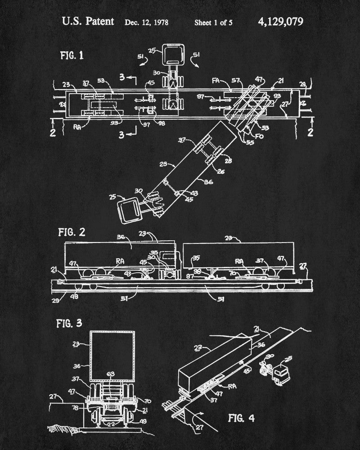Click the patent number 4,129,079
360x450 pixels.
[281, 22]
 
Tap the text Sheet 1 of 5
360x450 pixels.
[213, 22]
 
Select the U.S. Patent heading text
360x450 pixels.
[88, 22]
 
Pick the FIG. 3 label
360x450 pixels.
[69, 323]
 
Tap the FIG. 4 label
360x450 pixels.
[241, 418]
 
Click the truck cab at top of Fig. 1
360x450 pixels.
[172, 54]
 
